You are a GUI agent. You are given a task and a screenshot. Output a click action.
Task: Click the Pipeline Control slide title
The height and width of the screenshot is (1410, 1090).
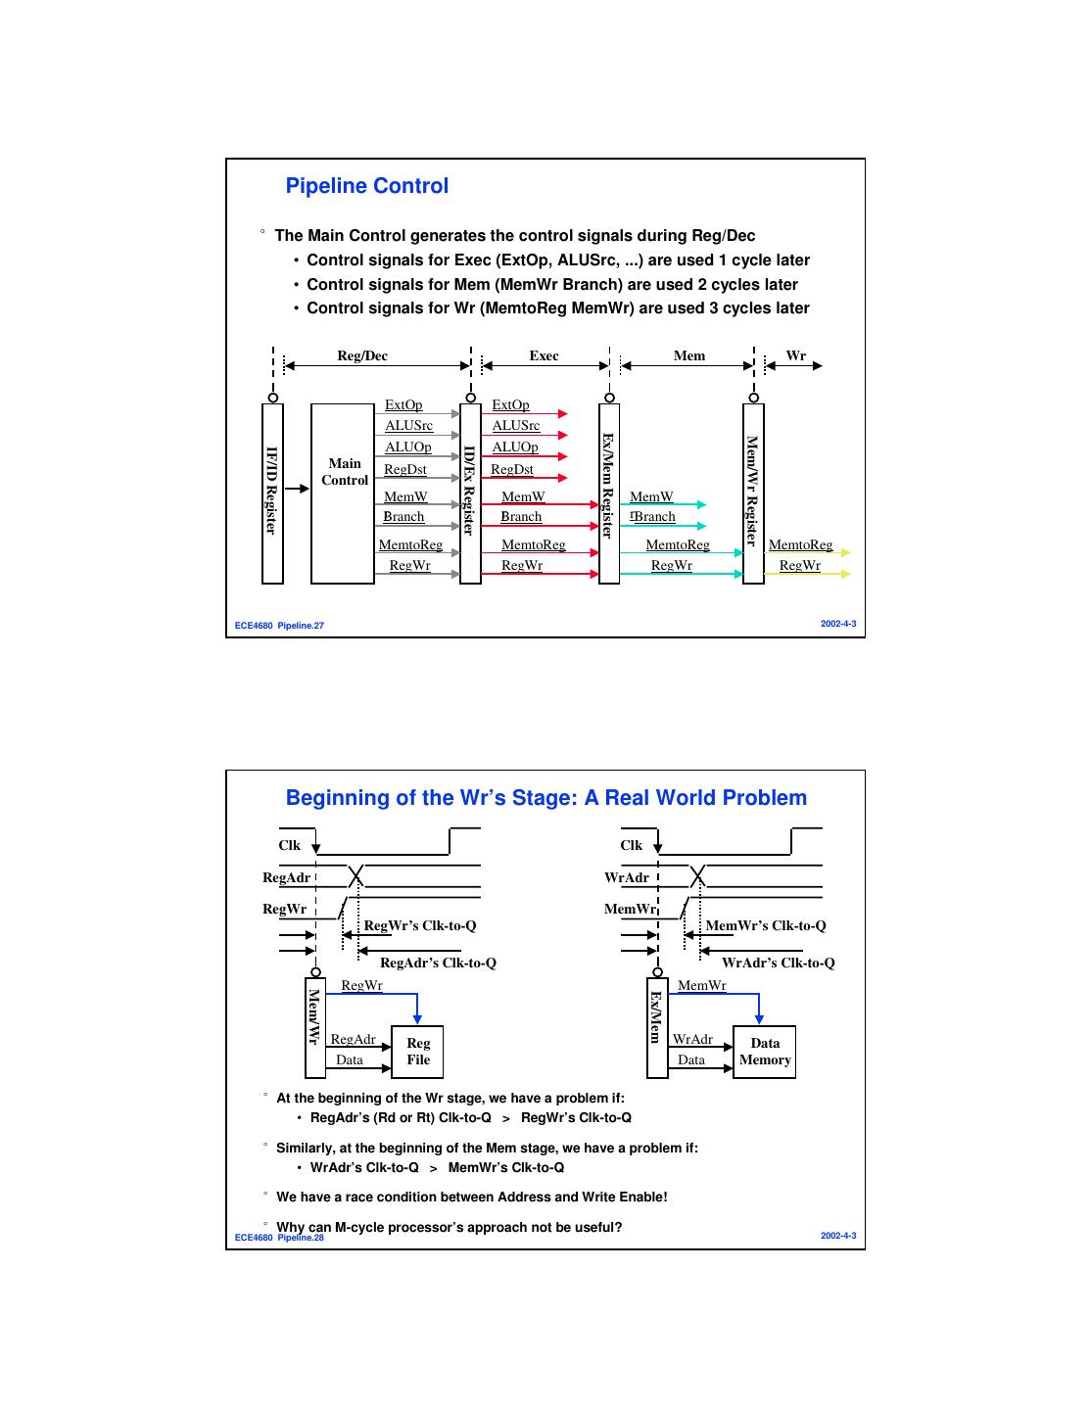(366, 186)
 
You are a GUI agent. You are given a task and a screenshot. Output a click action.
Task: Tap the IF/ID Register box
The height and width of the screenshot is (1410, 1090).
(272, 493)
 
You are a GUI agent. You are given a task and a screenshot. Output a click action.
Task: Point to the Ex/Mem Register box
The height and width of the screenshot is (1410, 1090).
(608, 493)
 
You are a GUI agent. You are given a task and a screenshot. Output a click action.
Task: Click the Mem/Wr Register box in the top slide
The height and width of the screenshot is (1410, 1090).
(753, 493)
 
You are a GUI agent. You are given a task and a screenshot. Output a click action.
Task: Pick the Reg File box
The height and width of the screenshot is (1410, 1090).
(417, 1052)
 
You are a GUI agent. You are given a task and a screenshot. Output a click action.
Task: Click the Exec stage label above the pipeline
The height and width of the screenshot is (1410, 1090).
(544, 355)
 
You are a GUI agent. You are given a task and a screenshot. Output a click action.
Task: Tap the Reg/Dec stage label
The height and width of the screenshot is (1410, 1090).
(362, 355)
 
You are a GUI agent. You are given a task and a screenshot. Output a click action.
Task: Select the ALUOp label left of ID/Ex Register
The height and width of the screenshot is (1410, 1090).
(407, 447)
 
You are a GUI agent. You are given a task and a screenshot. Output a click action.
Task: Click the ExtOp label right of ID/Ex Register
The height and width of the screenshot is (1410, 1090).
(510, 405)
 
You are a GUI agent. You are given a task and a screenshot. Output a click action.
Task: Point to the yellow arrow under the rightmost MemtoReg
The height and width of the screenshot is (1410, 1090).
(807, 553)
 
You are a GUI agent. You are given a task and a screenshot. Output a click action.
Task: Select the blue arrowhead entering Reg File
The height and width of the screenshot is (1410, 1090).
(417, 1018)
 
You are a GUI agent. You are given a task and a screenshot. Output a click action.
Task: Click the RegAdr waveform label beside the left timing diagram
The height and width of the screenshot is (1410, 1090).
(286, 877)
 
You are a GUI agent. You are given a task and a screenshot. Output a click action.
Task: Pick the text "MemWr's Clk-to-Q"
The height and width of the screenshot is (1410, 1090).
(766, 925)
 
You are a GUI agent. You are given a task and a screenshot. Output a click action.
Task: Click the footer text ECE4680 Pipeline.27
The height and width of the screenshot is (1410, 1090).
(279, 625)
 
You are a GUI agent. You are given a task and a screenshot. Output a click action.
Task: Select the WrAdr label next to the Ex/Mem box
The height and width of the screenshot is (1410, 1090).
(692, 1039)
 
